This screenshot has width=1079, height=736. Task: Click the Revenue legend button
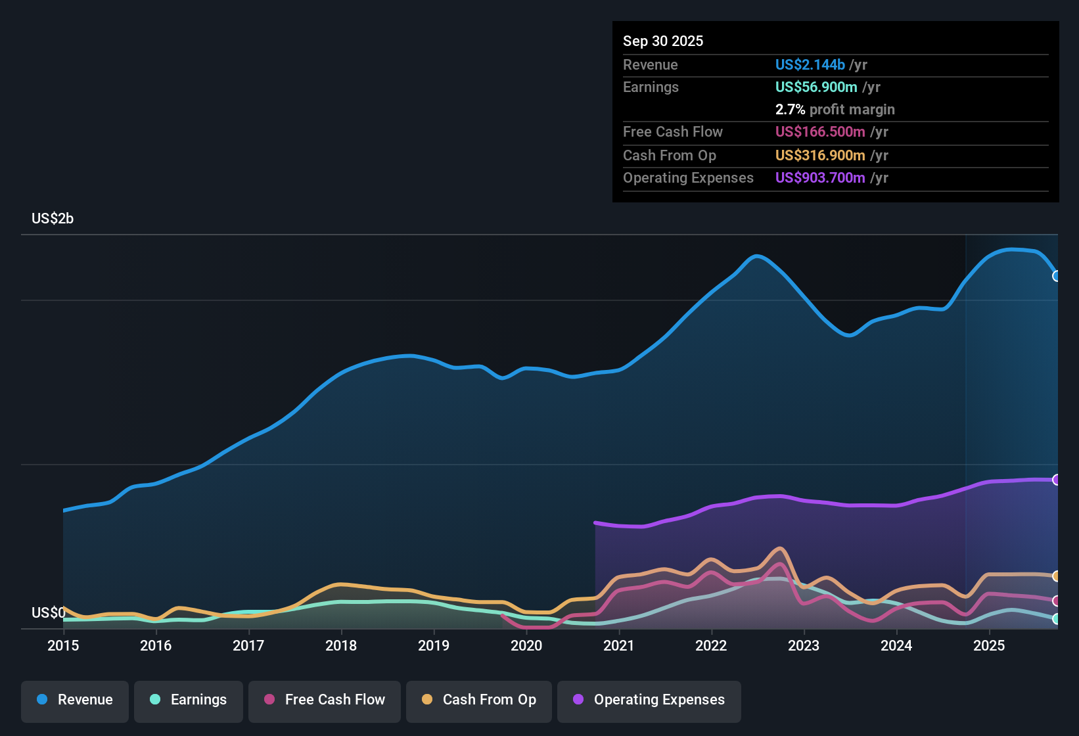(75, 700)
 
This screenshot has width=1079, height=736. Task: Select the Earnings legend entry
(189, 700)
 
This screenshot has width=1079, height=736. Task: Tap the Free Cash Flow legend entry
(325, 700)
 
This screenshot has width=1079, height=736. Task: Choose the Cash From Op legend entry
(479, 700)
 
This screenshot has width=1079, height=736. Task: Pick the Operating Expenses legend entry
(649, 700)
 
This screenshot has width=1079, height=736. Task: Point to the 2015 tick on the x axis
(63, 645)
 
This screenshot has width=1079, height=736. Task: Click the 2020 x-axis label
(526, 645)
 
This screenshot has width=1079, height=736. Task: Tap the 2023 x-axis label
(804, 645)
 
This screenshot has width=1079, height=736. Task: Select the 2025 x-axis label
(989, 645)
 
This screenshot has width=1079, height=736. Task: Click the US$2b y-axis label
(53, 219)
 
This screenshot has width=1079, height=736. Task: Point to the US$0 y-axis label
(49, 613)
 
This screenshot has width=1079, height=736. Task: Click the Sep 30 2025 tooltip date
(663, 41)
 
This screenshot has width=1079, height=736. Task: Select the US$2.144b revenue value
(810, 64)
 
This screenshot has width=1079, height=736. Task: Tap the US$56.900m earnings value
(816, 87)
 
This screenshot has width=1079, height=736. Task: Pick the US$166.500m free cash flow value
(820, 131)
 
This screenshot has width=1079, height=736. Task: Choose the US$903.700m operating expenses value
(820, 177)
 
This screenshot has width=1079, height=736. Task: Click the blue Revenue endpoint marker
(1057, 276)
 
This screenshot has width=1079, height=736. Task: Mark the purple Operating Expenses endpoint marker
(1057, 480)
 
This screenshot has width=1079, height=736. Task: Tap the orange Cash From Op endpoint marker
(1057, 576)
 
